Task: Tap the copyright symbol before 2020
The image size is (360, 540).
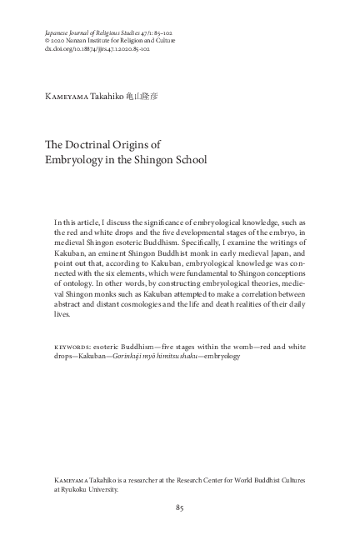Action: point(47,40)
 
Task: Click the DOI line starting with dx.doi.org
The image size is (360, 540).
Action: point(97,48)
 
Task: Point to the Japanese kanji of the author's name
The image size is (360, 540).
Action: point(142,97)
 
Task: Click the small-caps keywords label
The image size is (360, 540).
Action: point(73,345)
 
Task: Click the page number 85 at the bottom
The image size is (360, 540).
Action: point(180,508)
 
